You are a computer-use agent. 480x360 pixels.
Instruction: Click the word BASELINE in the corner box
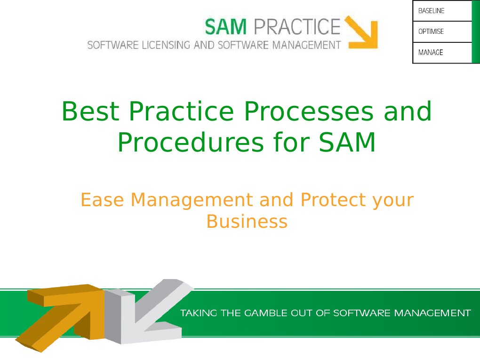[x=431, y=11]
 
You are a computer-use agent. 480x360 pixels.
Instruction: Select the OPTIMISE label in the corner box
[x=431, y=32]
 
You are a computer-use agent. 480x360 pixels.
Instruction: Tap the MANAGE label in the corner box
[x=431, y=53]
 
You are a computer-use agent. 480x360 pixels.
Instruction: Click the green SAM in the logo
[x=226, y=26]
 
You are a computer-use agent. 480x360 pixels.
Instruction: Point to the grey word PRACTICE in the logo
[x=296, y=26]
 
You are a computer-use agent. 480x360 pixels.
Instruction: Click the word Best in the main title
[x=91, y=112]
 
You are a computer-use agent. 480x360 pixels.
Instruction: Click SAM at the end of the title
[x=347, y=142]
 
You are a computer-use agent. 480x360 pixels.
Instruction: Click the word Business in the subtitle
[x=247, y=221]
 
